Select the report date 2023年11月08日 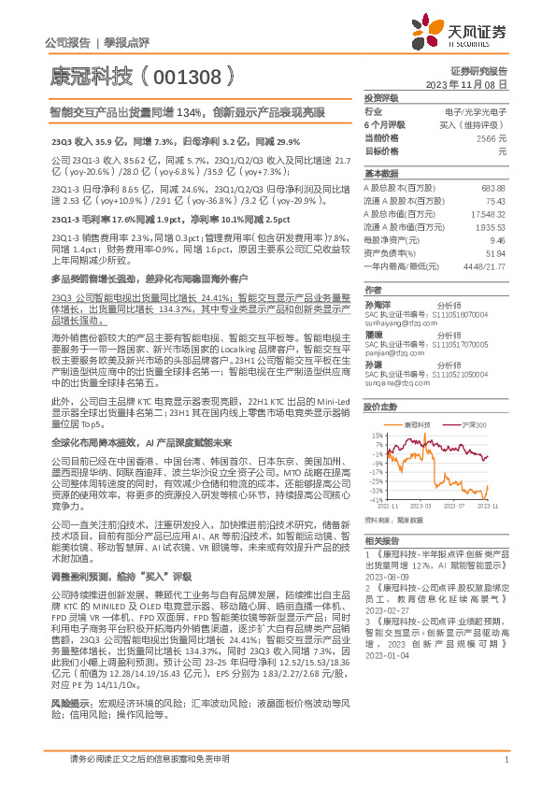[478, 84]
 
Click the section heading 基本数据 [380, 174]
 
